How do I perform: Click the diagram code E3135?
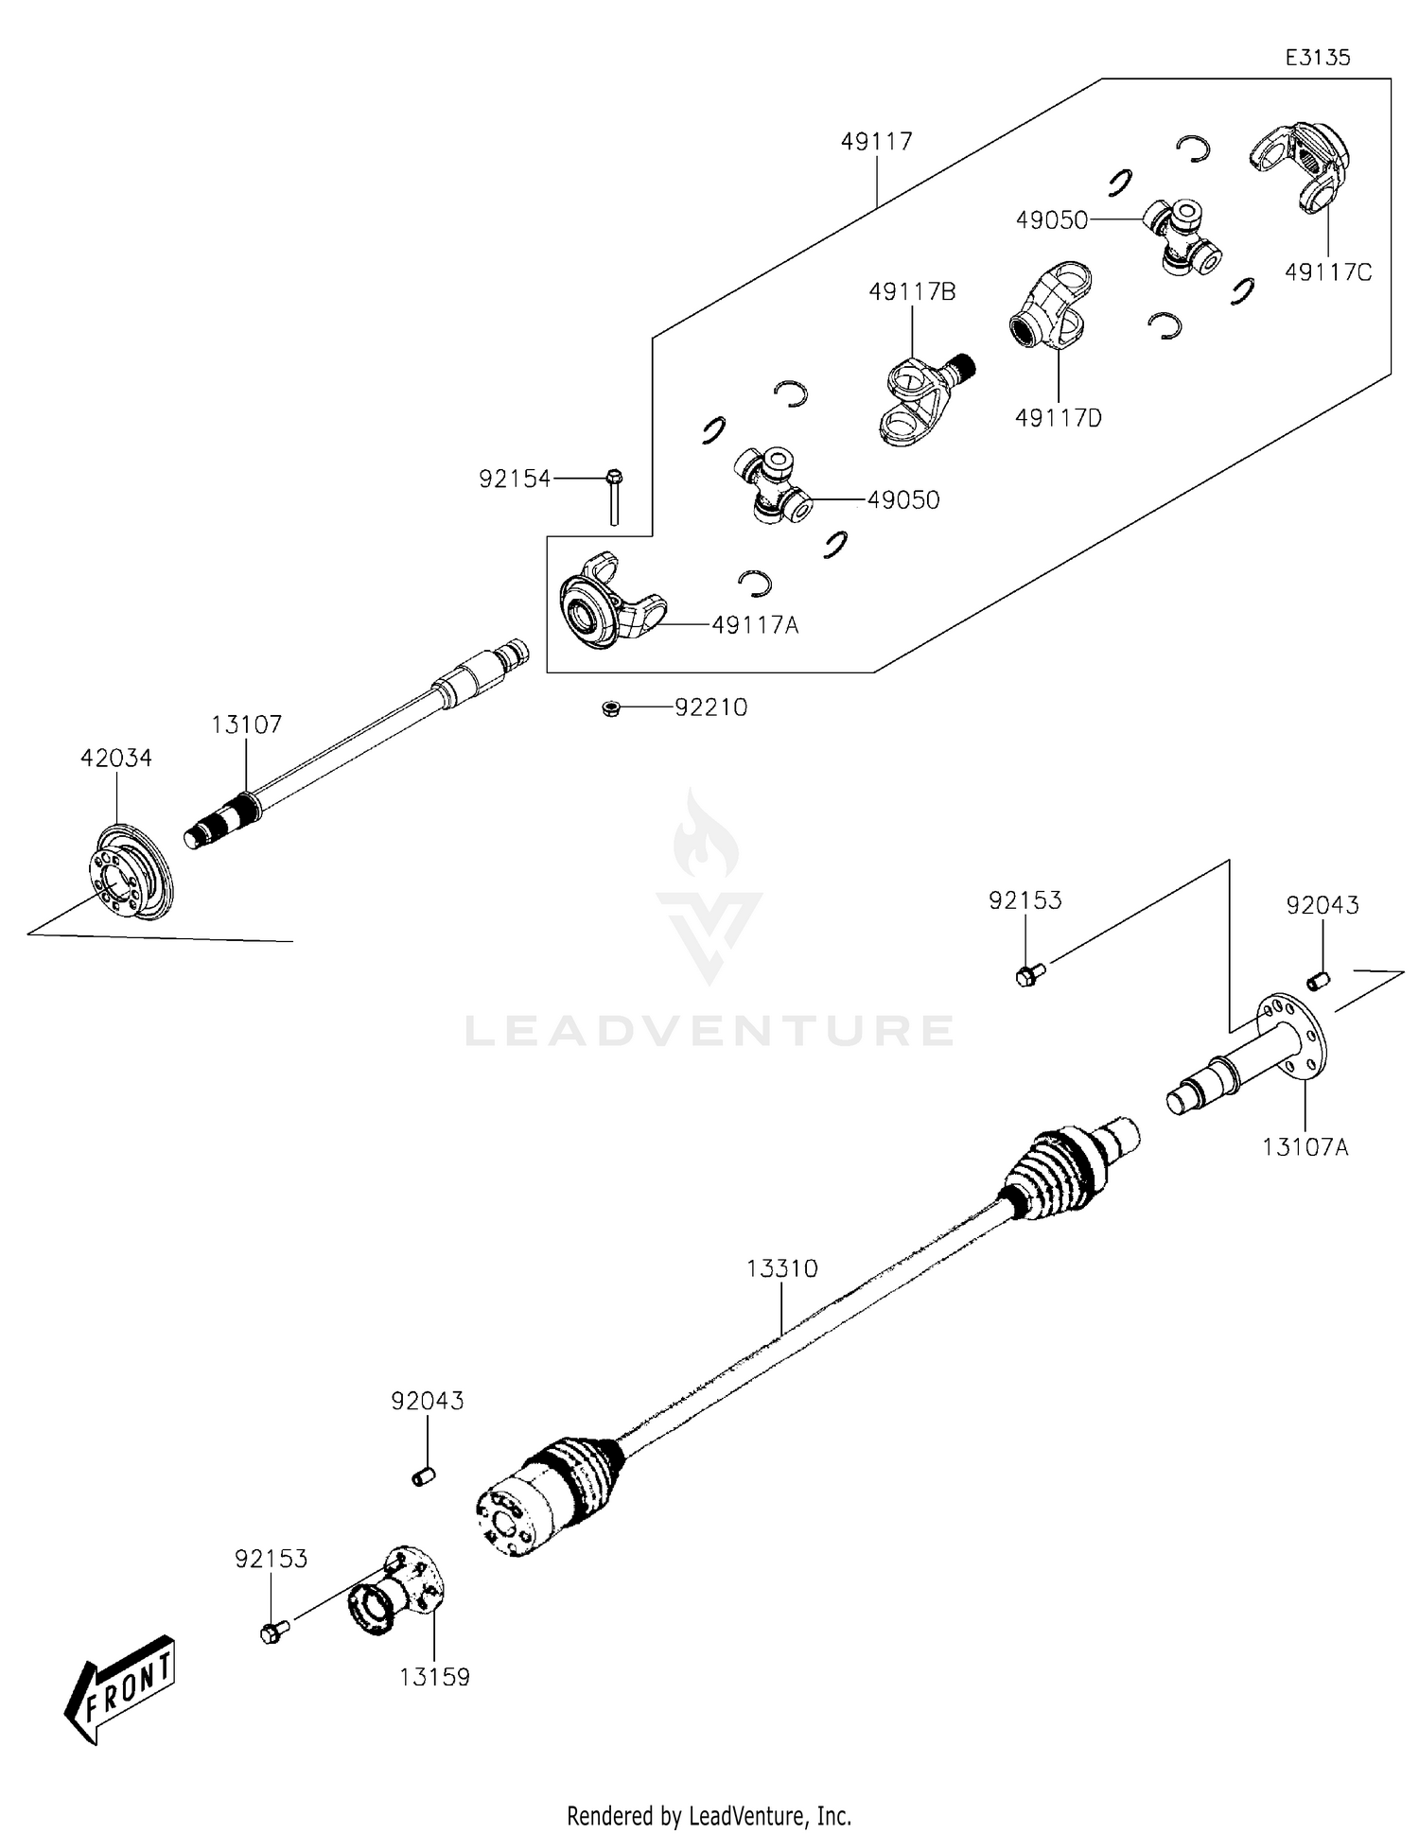click(x=1317, y=58)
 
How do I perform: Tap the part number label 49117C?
click(x=1327, y=272)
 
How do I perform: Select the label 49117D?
click(x=1058, y=417)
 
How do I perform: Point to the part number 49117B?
click(x=912, y=292)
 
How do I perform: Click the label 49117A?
click(x=755, y=625)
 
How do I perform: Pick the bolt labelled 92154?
click(x=613, y=496)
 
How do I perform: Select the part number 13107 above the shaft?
click(x=246, y=725)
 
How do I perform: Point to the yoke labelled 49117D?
click(x=1051, y=307)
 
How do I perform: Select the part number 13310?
click(x=781, y=1268)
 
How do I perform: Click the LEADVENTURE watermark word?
click(x=709, y=1030)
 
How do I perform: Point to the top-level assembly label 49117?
click(x=876, y=142)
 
